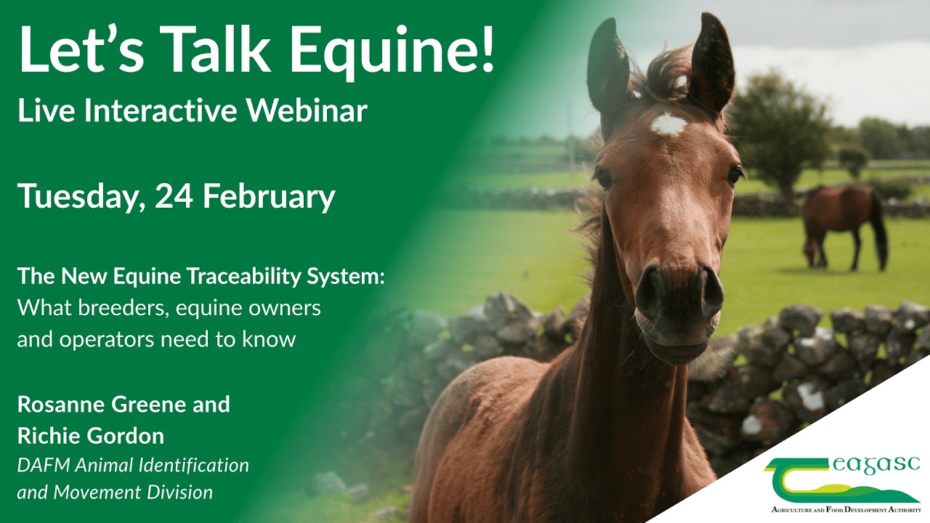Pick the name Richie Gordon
(91, 436)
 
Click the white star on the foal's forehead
(668, 125)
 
